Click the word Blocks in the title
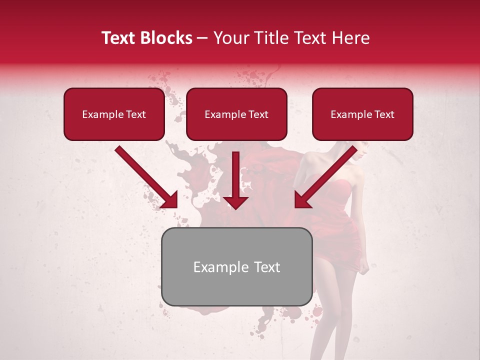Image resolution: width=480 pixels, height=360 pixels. click(167, 38)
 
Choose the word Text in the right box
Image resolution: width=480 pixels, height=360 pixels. click(384, 114)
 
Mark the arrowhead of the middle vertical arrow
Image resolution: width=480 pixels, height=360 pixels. click(235, 201)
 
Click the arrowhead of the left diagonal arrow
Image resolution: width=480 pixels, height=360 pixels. click(170, 200)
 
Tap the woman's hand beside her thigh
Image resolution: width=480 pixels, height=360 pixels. click(365, 267)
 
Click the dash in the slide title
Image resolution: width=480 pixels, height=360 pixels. click(202, 38)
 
